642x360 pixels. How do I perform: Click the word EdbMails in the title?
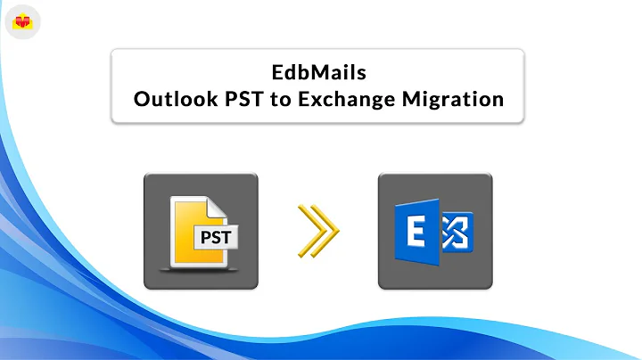click(318, 71)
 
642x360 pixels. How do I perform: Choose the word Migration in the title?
click(456, 99)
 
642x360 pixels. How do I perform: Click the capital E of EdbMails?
click(278, 71)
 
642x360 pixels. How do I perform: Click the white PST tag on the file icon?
click(218, 238)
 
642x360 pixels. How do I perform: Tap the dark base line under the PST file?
click(201, 268)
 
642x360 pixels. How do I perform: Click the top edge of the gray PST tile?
click(201, 175)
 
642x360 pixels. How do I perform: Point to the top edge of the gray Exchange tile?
click(435, 175)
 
